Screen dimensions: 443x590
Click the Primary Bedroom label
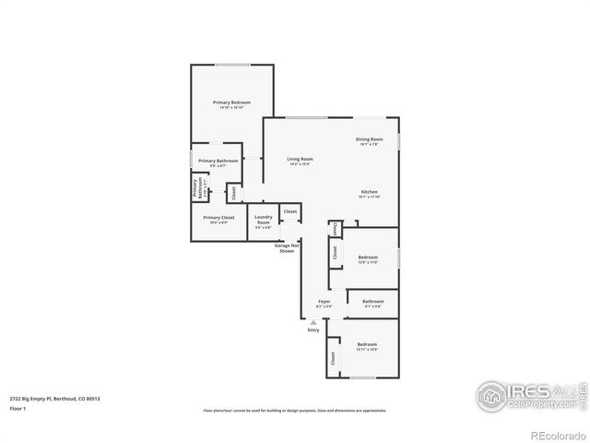[231, 102]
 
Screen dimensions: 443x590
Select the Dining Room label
[369, 140]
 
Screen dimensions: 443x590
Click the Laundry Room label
[263, 220]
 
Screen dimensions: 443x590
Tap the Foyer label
[324, 301]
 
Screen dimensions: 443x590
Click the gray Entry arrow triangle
[313, 321]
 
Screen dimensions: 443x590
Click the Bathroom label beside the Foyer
[373, 301]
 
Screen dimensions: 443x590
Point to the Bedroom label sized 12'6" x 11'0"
[368, 257]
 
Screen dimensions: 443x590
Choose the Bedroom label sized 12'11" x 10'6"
[368, 344]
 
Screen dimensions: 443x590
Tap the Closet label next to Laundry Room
[290, 211]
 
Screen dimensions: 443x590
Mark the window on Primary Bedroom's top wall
[231, 65]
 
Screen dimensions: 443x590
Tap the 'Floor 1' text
[18, 407]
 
